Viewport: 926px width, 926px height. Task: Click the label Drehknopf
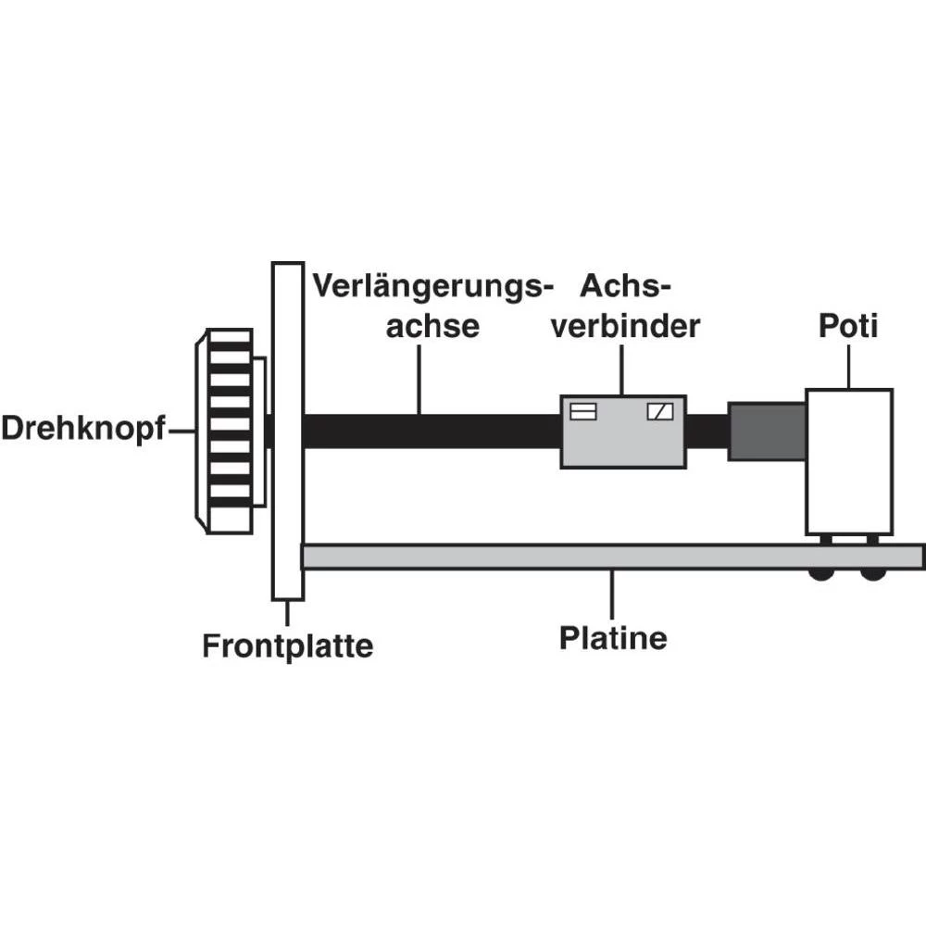click(82, 430)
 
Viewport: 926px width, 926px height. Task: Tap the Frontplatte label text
click(287, 644)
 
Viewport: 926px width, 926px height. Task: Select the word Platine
click(613, 638)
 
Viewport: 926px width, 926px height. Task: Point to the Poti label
click(847, 327)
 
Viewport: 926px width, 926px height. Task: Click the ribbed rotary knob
click(229, 431)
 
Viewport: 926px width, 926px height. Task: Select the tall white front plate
click(287, 431)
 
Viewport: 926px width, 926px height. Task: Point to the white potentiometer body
click(848, 461)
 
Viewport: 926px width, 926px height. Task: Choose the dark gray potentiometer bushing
click(766, 431)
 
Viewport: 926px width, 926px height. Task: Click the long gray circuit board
click(556, 557)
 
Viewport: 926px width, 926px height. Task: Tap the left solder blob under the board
click(820, 574)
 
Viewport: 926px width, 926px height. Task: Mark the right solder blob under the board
click(872, 574)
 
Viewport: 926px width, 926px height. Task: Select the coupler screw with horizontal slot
click(582, 411)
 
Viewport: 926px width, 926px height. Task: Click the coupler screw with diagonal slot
click(660, 411)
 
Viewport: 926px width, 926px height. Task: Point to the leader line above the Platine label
click(612, 594)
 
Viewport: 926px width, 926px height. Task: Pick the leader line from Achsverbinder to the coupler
click(621, 369)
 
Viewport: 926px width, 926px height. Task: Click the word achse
click(432, 327)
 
